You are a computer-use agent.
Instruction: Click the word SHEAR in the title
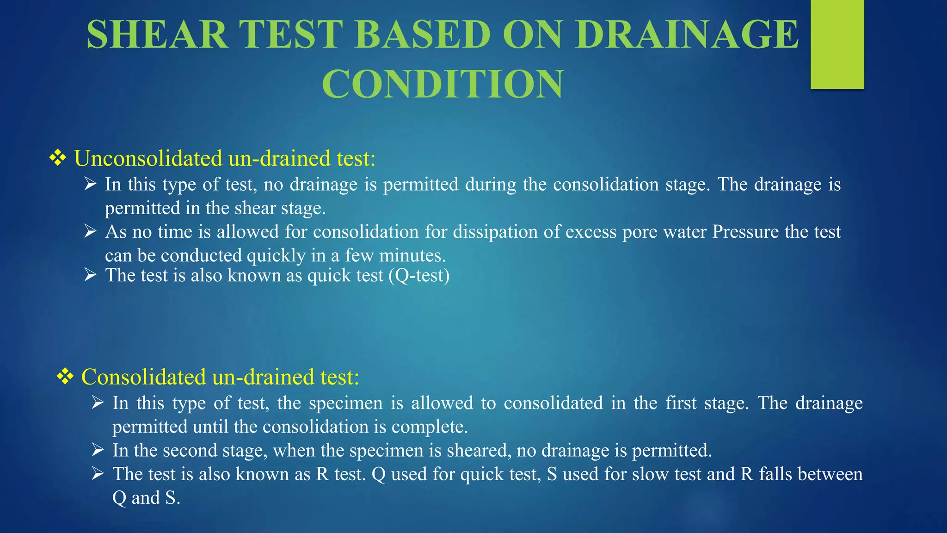pyautogui.click(x=157, y=35)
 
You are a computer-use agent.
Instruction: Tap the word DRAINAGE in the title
pyautogui.click(x=687, y=35)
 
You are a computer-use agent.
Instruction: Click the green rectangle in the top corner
pyautogui.click(x=837, y=44)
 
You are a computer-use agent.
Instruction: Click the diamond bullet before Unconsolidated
pyautogui.click(x=58, y=158)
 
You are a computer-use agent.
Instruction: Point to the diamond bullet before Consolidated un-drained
pyautogui.click(x=65, y=377)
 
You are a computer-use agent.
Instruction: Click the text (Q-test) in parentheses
pyautogui.click(x=419, y=276)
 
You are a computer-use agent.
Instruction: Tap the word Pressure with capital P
pyautogui.click(x=745, y=232)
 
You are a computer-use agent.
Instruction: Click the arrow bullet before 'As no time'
pyautogui.click(x=90, y=231)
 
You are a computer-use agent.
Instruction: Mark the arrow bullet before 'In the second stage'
pyautogui.click(x=98, y=449)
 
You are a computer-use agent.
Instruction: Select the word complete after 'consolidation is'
pyautogui.click(x=429, y=427)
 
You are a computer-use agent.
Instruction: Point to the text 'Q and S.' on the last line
pyautogui.click(x=146, y=498)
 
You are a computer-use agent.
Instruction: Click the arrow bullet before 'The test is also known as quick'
pyautogui.click(x=90, y=275)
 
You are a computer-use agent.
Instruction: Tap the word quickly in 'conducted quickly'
pyautogui.click(x=276, y=255)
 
